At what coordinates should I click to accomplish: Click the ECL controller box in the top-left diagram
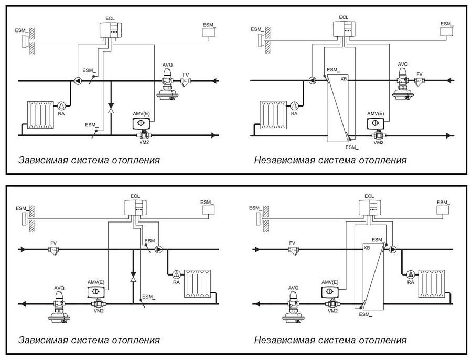[110, 30]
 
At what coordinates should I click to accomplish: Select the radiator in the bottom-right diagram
[432, 283]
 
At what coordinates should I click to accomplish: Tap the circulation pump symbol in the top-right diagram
[313, 80]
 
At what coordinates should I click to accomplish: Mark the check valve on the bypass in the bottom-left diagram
[133, 277]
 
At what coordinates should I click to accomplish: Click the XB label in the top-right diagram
[344, 79]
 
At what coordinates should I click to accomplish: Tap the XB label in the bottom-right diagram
[367, 248]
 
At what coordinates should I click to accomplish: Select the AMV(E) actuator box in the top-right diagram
[376, 123]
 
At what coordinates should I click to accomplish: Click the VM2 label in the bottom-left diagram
[99, 311]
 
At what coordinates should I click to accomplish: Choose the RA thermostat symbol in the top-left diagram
[61, 105]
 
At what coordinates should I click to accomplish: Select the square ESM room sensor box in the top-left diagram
[208, 32]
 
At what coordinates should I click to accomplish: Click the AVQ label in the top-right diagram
[402, 64]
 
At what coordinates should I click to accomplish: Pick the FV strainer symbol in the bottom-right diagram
[293, 250]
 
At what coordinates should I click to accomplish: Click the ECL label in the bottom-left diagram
[135, 196]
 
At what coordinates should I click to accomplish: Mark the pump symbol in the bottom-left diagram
[158, 249]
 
